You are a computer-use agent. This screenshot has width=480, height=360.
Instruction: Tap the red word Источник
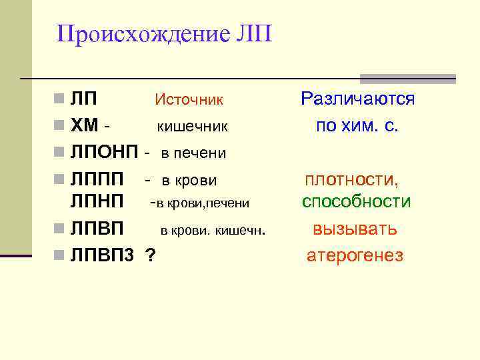tap(189, 100)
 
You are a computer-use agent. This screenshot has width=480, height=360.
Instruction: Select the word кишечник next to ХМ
tap(193, 126)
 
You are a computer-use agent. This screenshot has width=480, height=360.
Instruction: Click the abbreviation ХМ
tap(85, 125)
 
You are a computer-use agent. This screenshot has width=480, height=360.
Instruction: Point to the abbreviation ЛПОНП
tap(103, 153)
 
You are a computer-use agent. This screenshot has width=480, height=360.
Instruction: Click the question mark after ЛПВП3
tap(151, 254)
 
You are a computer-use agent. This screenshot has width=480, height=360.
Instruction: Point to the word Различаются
tap(357, 99)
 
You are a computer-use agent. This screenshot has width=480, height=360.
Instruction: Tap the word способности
tap(356, 202)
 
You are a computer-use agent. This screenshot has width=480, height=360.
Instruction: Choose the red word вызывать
tap(355, 229)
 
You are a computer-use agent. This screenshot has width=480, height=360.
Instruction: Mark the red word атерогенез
tap(355, 255)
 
